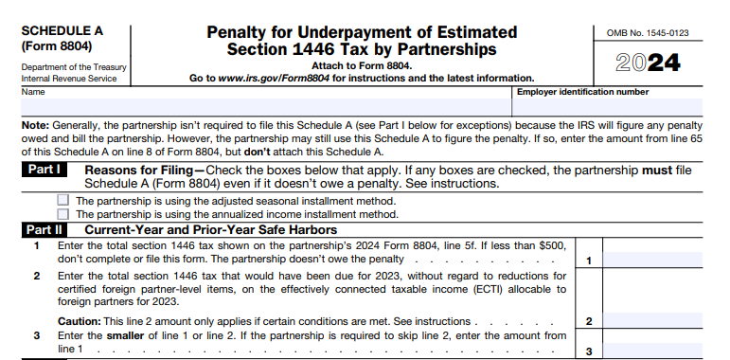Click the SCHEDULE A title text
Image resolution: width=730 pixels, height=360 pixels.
[x=62, y=30]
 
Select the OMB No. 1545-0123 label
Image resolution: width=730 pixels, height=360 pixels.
[x=654, y=33]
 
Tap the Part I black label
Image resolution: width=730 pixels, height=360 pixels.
[x=45, y=171]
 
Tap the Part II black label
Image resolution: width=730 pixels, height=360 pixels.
[x=45, y=229]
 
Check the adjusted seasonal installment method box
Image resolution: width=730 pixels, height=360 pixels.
[x=63, y=201]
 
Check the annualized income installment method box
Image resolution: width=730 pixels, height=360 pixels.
[x=63, y=214]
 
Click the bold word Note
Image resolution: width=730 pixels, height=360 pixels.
[x=34, y=124]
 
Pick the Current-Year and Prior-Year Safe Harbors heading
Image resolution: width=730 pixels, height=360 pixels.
[x=210, y=229]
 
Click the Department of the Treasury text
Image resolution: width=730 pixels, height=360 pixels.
[x=69, y=67]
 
